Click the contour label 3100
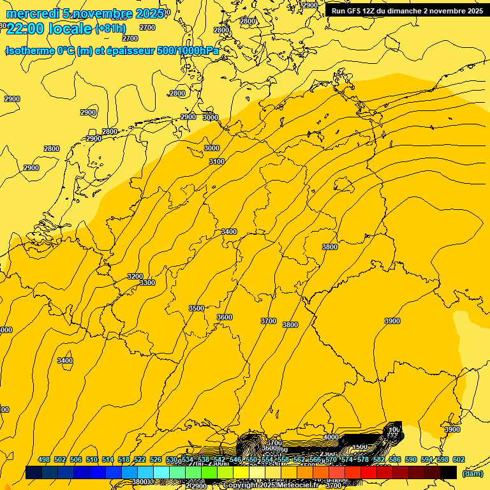pyautogui.click(x=217, y=161)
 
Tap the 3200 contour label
pyautogui.click(x=135, y=276)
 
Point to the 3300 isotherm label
pyautogui.click(x=147, y=283)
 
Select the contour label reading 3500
pyautogui.click(x=197, y=308)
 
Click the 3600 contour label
pyautogui.click(x=225, y=317)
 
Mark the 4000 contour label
pyautogui.click(x=331, y=437)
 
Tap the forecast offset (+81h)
pyautogui.click(x=110, y=29)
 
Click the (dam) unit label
pyautogui.click(x=472, y=473)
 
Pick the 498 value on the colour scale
pyautogui.click(x=44, y=460)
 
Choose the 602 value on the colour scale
pyautogui.click(x=459, y=460)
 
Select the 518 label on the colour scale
pyautogui.click(x=124, y=460)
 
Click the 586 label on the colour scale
pyautogui.click(x=395, y=460)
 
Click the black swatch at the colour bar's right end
pyautogui.click(x=449, y=473)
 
